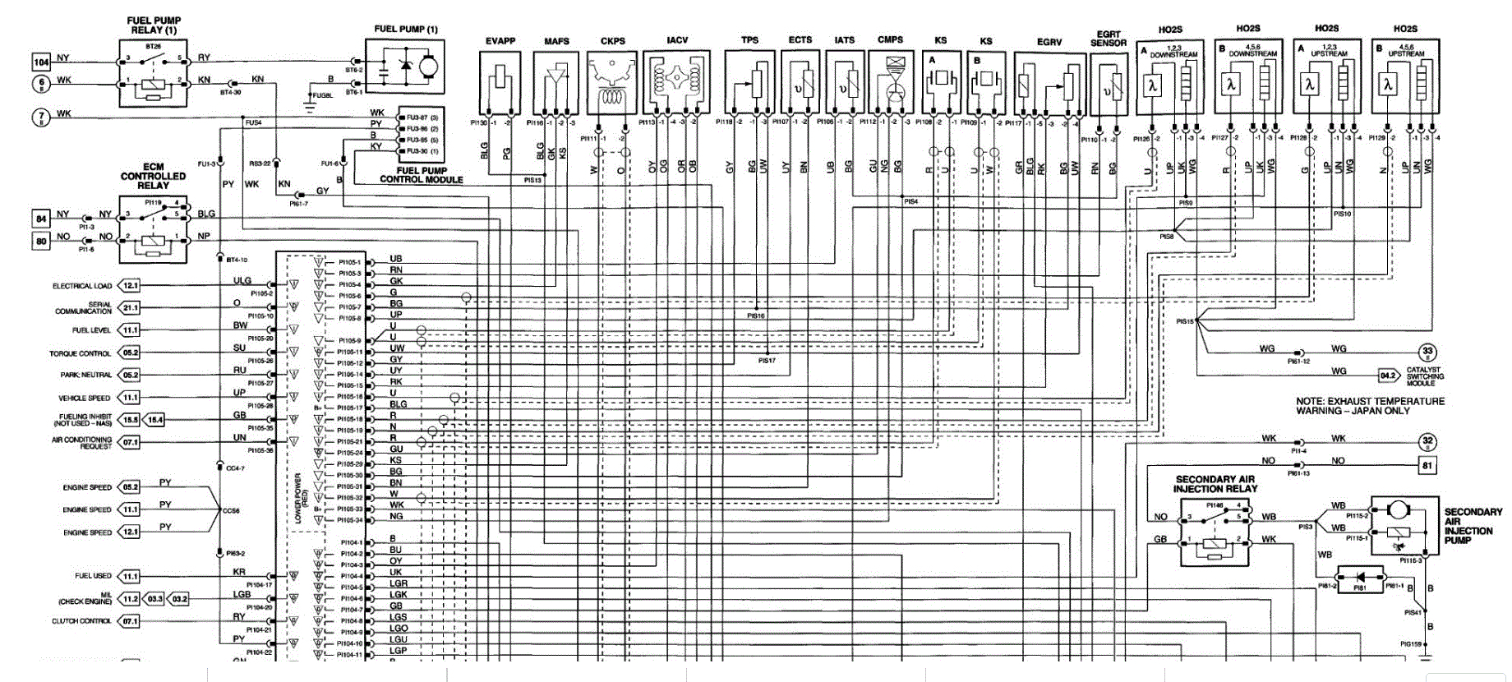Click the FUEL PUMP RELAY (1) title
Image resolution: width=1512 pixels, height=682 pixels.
point(154,25)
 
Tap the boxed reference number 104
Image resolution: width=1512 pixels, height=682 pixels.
point(41,62)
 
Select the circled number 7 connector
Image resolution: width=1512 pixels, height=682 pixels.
point(41,117)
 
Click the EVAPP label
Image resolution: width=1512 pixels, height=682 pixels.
point(500,41)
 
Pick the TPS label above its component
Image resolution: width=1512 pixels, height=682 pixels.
point(749,39)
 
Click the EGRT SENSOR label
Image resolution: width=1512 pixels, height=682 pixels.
point(1109,39)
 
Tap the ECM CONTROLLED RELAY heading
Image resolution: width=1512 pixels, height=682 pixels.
point(154,176)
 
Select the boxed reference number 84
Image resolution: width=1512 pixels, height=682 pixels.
point(41,219)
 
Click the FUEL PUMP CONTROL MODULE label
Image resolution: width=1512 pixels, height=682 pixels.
point(421,175)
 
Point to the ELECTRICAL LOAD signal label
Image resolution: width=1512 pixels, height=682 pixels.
point(82,286)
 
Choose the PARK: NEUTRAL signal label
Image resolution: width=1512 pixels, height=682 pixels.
point(85,375)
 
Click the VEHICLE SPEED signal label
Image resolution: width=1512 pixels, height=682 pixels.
point(84,398)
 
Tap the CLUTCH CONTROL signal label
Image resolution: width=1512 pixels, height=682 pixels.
point(81,621)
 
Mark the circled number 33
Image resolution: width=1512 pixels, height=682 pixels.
point(1427,352)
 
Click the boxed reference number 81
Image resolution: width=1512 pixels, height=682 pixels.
point(1427,465)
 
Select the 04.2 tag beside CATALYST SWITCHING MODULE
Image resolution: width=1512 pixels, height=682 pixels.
point(1388,376)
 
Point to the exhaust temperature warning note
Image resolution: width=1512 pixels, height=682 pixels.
point(1370,406)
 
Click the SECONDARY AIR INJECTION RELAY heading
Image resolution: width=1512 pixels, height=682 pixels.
point(1216,484)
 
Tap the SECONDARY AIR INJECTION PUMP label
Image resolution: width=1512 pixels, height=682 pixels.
point(1473,526)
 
